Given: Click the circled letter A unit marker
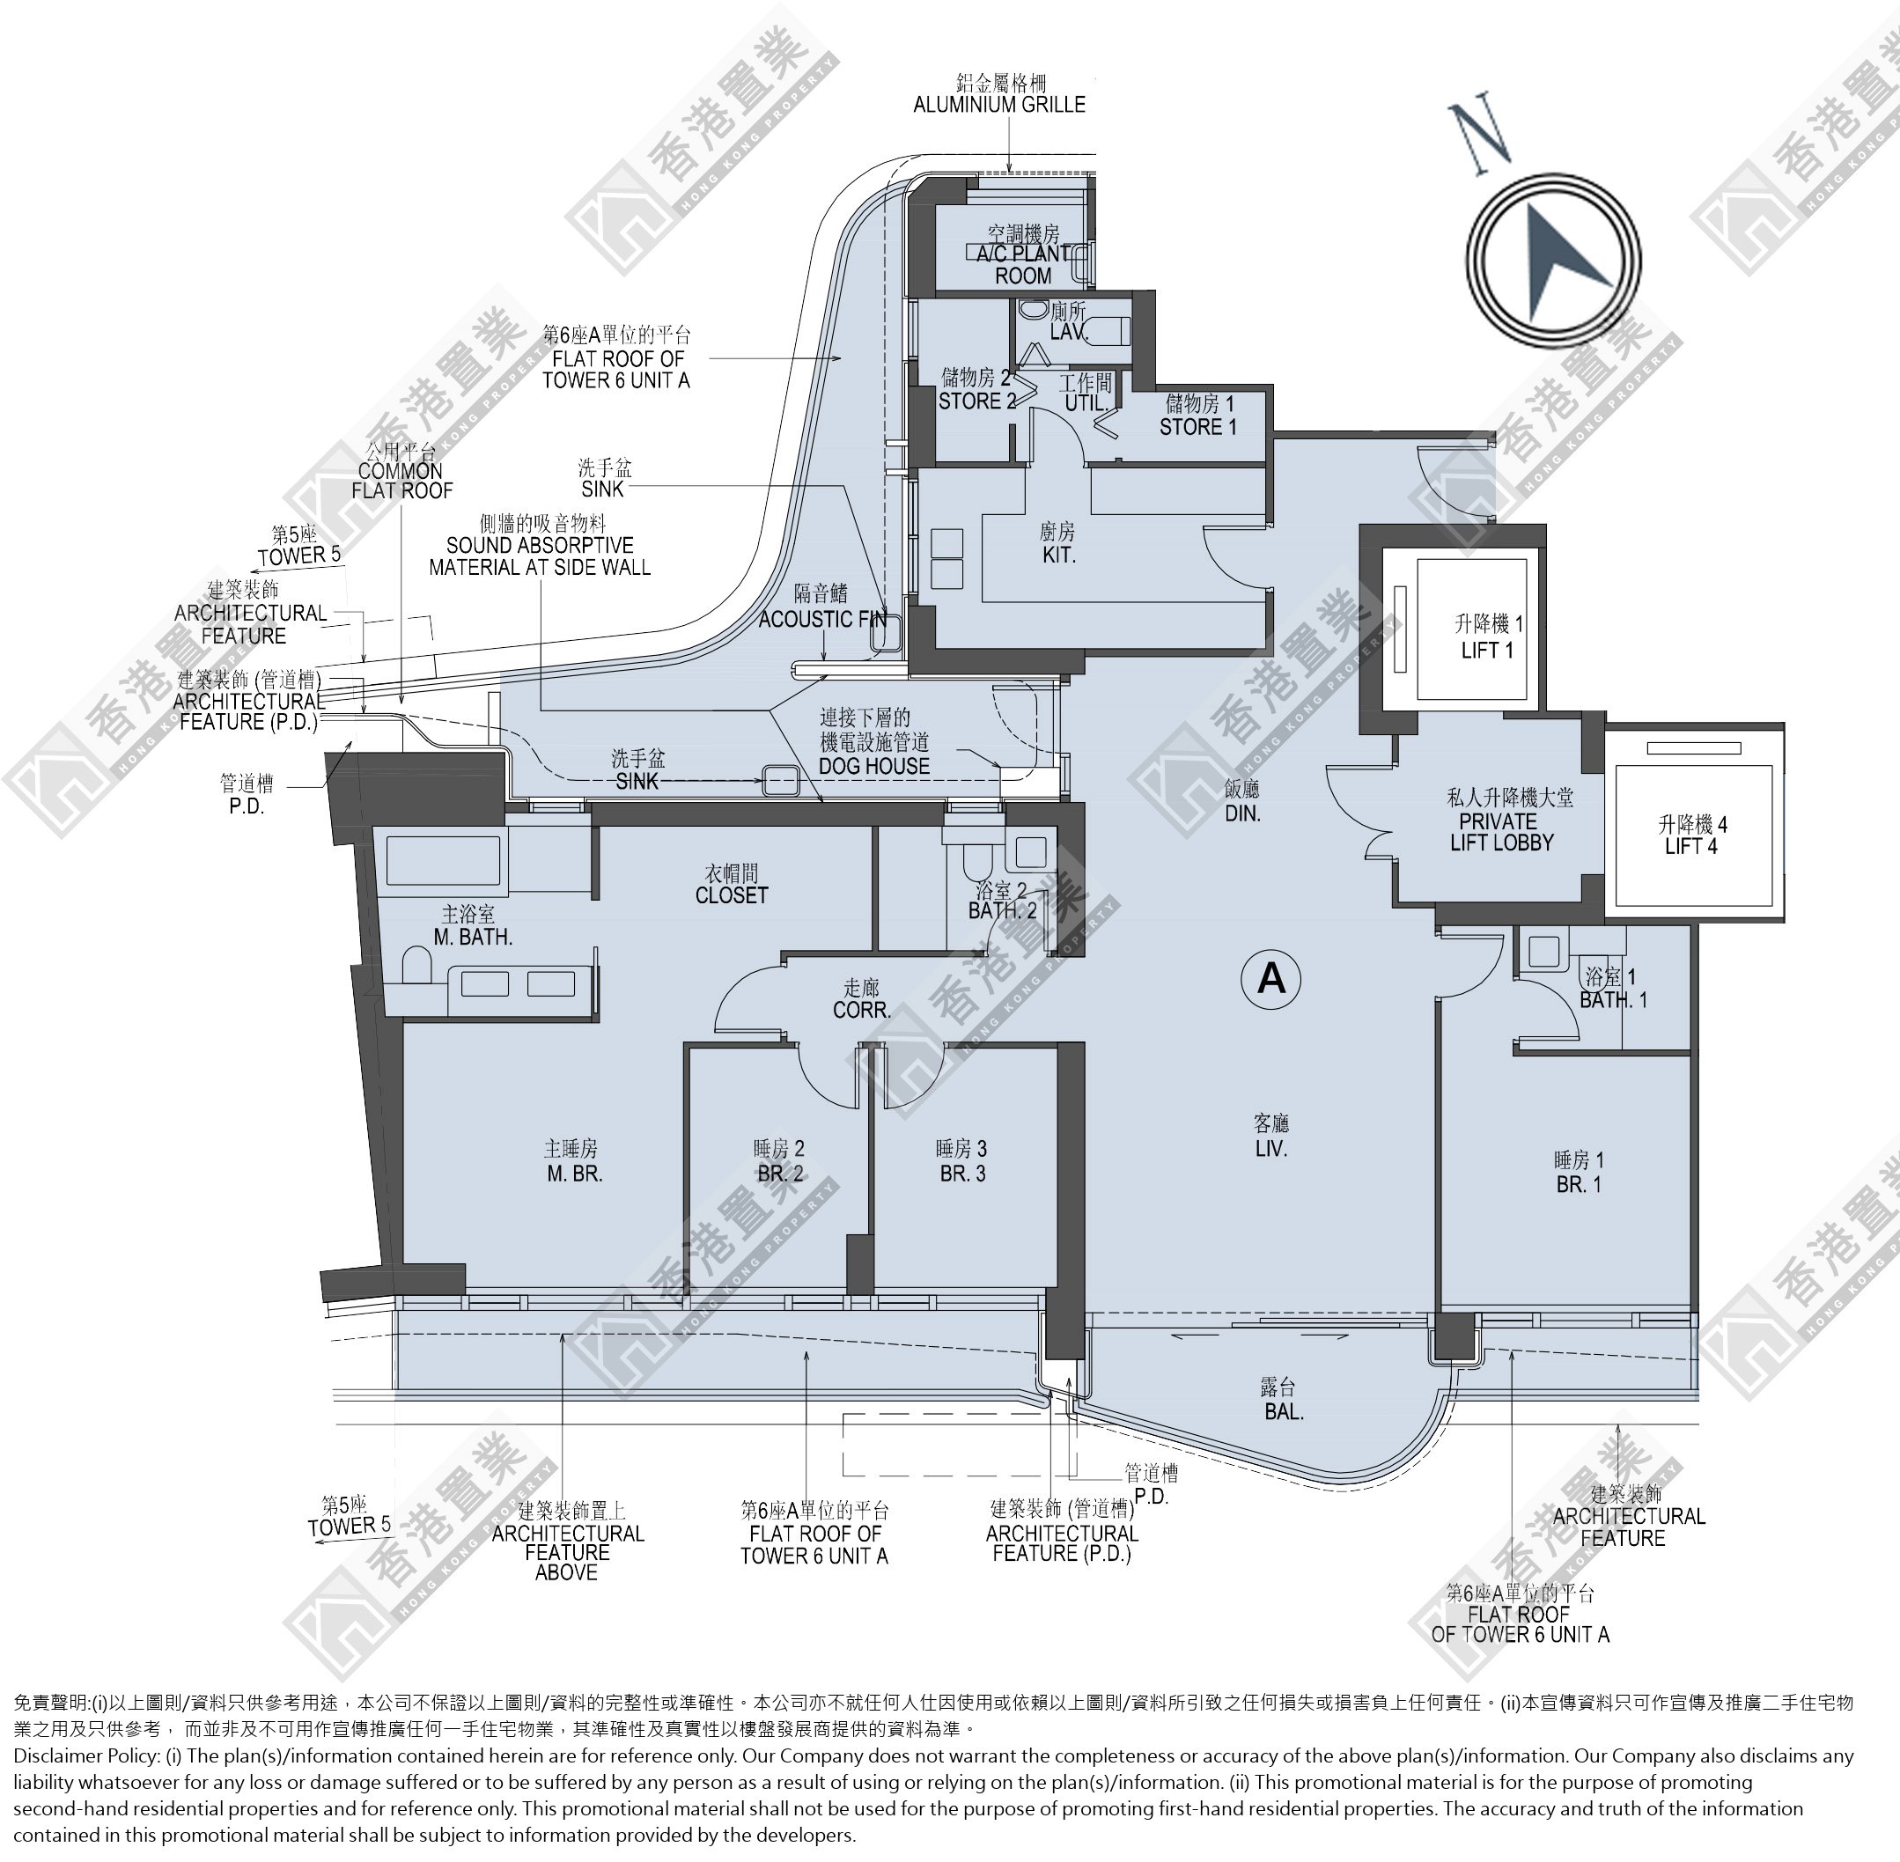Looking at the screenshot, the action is coord(1271,977).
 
